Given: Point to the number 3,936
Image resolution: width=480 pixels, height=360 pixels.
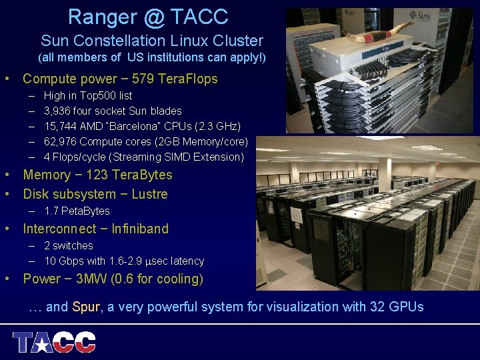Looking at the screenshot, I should (59, 111).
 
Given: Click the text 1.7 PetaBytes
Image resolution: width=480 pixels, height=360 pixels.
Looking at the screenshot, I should (77, 211).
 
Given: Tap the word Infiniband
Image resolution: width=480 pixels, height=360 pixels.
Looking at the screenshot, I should (140, 229).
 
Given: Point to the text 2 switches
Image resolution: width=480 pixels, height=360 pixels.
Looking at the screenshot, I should (69, 245).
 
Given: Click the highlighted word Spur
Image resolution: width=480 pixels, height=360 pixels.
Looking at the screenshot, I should (85, 307).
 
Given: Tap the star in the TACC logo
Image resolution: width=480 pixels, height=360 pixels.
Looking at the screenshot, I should (41, 343).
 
